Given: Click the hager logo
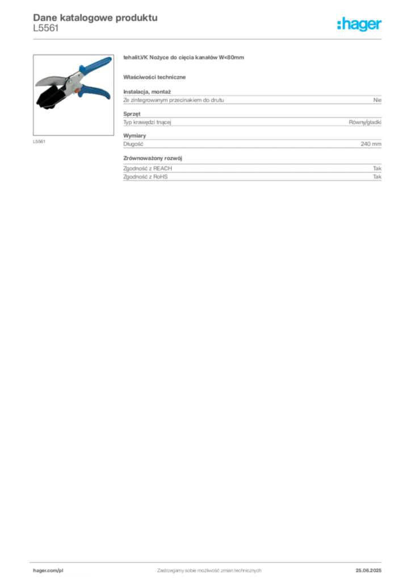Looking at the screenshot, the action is click(359, 24).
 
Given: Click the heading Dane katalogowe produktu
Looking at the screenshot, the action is click(95, 18).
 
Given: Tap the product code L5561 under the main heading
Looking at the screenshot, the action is click(46, 28).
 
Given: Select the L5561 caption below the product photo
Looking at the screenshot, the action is click(39, 142).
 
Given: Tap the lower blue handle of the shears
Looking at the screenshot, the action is click(94, 92).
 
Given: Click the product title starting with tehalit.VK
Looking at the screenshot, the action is click(183, 57).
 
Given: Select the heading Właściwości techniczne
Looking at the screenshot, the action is click(154, 77).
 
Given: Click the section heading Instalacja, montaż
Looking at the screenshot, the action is click(147, 92).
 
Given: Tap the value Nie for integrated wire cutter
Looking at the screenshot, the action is click(378, 100).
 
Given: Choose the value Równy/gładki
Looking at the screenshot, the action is click(365, 122).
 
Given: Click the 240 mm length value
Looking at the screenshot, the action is click(371, 144).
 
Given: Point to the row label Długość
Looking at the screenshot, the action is click(133, 144).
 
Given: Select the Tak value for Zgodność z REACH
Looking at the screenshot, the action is click(378, 168).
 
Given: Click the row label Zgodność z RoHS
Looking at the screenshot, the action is click(145, 177).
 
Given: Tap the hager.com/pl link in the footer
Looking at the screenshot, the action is click(48, 571).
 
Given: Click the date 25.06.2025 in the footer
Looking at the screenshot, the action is click(368, 571).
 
